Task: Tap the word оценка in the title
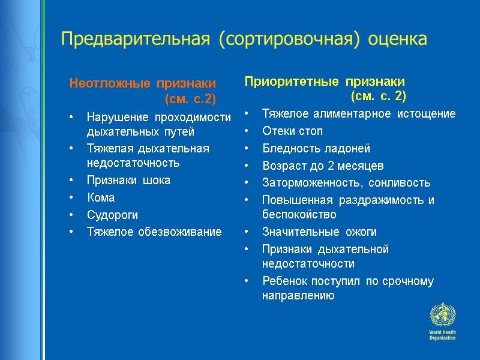390,40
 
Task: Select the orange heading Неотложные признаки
142,83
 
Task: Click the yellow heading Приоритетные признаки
325,81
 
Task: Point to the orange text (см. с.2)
190,98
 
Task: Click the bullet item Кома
100,197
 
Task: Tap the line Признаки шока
128,180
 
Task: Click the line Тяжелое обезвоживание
154,231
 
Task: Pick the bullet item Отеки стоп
292,131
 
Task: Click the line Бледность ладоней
316,148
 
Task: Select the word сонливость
400,183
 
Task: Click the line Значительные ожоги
319,232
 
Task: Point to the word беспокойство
299,214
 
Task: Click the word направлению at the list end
298,296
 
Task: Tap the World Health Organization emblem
442,316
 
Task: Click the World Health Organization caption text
442,335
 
